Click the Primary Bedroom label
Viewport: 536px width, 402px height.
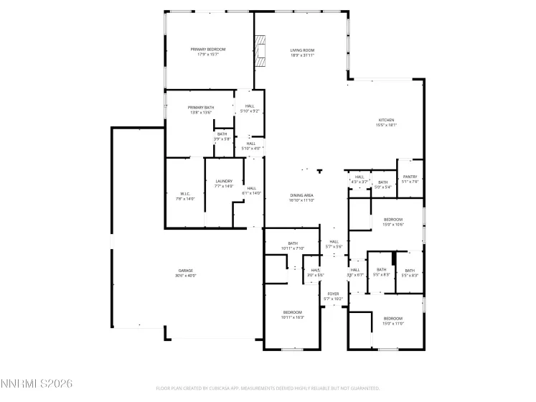coord(208,49)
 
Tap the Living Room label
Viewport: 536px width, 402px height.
coord(302,50)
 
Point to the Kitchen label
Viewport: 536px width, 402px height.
coord(386,120)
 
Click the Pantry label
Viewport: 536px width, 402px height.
coord(410,177)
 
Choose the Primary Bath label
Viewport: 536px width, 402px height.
coord(201,107)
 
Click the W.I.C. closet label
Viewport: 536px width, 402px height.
coord(185,194)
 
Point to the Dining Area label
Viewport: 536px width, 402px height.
coord(301,195)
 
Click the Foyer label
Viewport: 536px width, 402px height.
coord(333,294)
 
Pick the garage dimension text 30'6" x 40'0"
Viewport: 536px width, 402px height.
coord(185,275)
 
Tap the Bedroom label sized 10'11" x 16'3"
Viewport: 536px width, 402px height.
coord(293,312)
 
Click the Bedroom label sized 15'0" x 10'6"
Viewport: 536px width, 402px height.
coord(393,220)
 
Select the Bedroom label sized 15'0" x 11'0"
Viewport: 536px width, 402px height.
coord(393,318)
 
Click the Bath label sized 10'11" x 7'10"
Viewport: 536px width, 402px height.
coord(293,243)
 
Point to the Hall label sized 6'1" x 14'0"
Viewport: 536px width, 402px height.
coord(252,188)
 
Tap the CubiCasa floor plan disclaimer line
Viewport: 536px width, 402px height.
coord(268,388)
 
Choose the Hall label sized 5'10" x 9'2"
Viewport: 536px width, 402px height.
coord(250,106)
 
